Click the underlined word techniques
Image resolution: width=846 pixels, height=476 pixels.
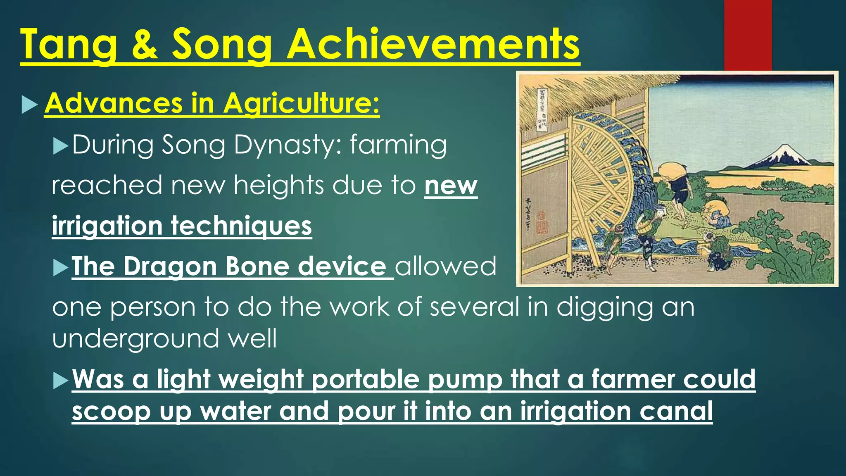point(241,226)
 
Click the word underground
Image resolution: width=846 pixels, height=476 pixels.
point(134,338)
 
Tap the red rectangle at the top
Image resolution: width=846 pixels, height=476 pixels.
point(748,35)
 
